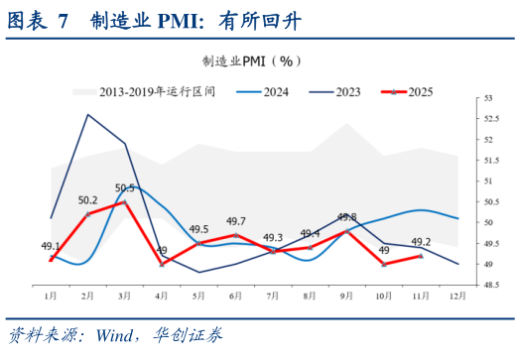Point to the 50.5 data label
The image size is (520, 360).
[x=126, y=187]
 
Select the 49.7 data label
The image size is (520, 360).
[x=236, y=221]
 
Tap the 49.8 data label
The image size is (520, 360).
[x=346, y=217]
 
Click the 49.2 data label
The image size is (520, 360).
[x=420, y=242]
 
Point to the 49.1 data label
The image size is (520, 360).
[x=51, y=246]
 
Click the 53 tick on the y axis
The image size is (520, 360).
[x=486, y=98]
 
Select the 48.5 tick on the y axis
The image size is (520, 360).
[x=488, y=285]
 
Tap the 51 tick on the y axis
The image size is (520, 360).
[x=486, y=181]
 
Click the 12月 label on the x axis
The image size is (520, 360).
[x=457, y=297]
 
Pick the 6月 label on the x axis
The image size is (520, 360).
[x=235, y=297]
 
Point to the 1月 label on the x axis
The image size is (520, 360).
[x=51, y=297]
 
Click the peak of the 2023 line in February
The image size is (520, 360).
[x=88, y=115]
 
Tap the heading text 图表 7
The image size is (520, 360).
[x=38, y=21]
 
